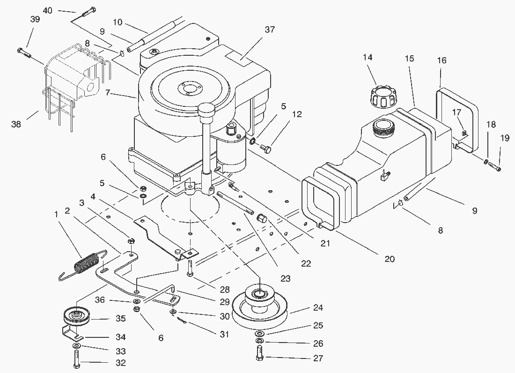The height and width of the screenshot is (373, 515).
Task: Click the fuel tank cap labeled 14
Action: (x=380, y=96)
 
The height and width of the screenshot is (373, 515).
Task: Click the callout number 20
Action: (x=390, y=259)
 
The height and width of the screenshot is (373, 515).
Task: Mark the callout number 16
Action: (x=441, y=60)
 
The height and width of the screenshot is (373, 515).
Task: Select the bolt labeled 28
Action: (x=190, y=269)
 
